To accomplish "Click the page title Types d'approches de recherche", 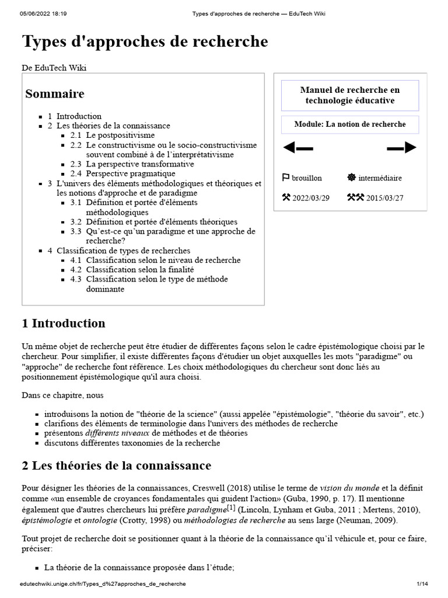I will (145, 42).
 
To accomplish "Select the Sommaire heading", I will (54, 93).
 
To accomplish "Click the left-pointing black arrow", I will (297, 148).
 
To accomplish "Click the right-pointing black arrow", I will (402, 148).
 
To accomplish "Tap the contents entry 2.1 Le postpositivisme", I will (113, 135).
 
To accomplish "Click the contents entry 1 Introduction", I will (75, 116).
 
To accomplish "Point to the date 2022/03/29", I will (311, 197).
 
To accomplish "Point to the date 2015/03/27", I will (384, 197).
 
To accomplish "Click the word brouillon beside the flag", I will (307, 178).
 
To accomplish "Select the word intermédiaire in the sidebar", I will (380, 178).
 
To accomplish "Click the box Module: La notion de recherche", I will (350, 124).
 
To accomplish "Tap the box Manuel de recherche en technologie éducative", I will (350, 95).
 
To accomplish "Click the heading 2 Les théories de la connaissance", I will (116, 465).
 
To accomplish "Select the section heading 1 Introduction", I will (64, 323).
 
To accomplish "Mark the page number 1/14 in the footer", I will (422, 583).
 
